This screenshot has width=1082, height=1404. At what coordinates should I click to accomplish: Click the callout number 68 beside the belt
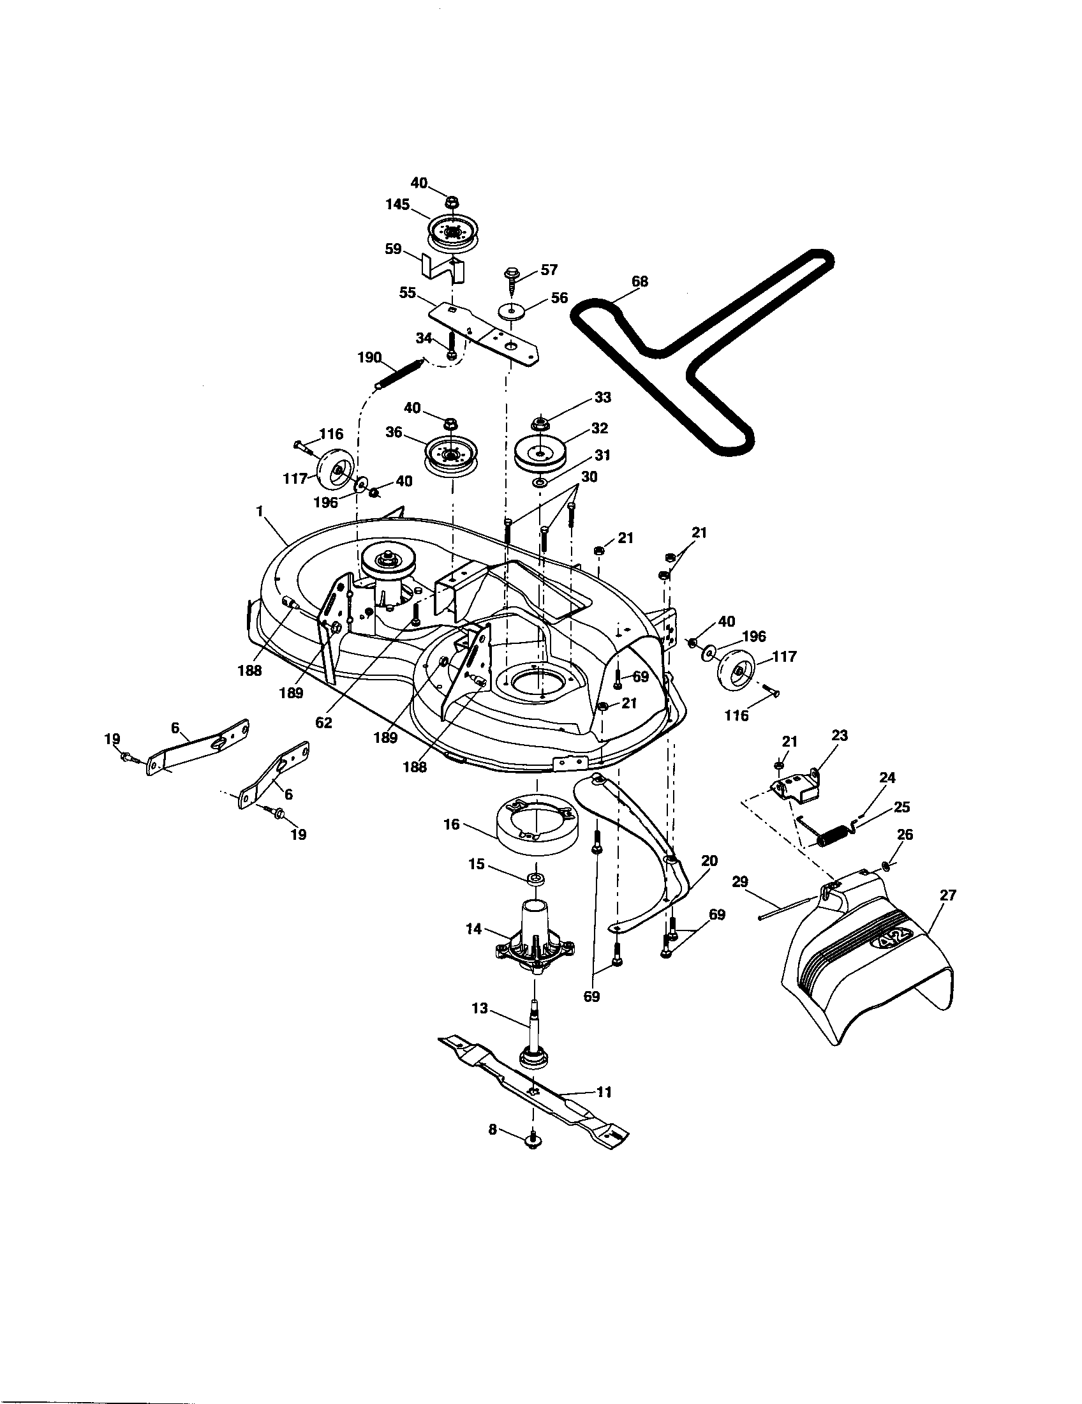[639, 281]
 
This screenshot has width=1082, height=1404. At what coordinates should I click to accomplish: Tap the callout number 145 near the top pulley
[397, 204]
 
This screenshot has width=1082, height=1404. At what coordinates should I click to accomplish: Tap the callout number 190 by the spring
[370, 357]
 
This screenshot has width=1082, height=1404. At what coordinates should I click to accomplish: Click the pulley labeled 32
[544, 452]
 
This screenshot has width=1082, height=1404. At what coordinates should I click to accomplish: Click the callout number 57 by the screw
[549, 269]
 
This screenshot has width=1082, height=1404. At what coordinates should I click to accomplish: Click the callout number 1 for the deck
[260, 511]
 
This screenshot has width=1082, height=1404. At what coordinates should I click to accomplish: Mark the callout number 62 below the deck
[324, 722]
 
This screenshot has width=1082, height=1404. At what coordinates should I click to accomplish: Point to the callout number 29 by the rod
[740, 882]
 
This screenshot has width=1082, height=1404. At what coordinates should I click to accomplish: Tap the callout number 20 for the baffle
[710, 860]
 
